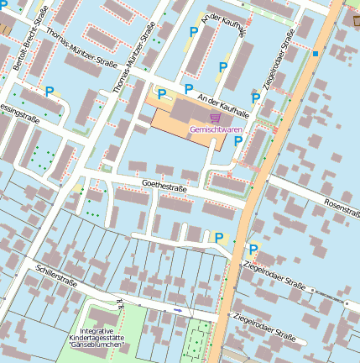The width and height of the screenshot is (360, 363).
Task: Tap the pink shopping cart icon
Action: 215,118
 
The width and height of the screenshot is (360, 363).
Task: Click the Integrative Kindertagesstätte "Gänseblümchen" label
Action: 97,338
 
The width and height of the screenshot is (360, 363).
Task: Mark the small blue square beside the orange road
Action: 316,54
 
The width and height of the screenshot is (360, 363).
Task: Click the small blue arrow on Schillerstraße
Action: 177,310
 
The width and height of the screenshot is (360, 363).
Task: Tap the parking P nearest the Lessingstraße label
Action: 49,91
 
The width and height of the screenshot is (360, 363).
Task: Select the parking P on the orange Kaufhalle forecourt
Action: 162,95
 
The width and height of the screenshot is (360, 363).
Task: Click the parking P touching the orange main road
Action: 253,250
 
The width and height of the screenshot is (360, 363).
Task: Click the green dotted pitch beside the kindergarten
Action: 196,340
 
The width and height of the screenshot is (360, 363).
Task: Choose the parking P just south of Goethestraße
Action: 220,238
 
